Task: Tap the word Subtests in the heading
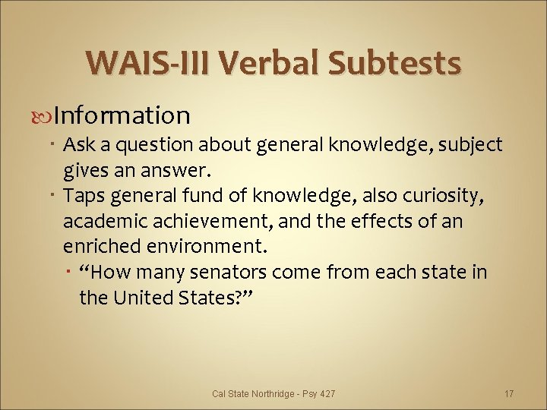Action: click(x=395, y=62)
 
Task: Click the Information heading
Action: click(x=122, y=115)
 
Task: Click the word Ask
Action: click(x=79, y=144)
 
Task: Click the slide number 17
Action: click(x=509, y=393)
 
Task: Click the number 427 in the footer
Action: click(x=327, y=393)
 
